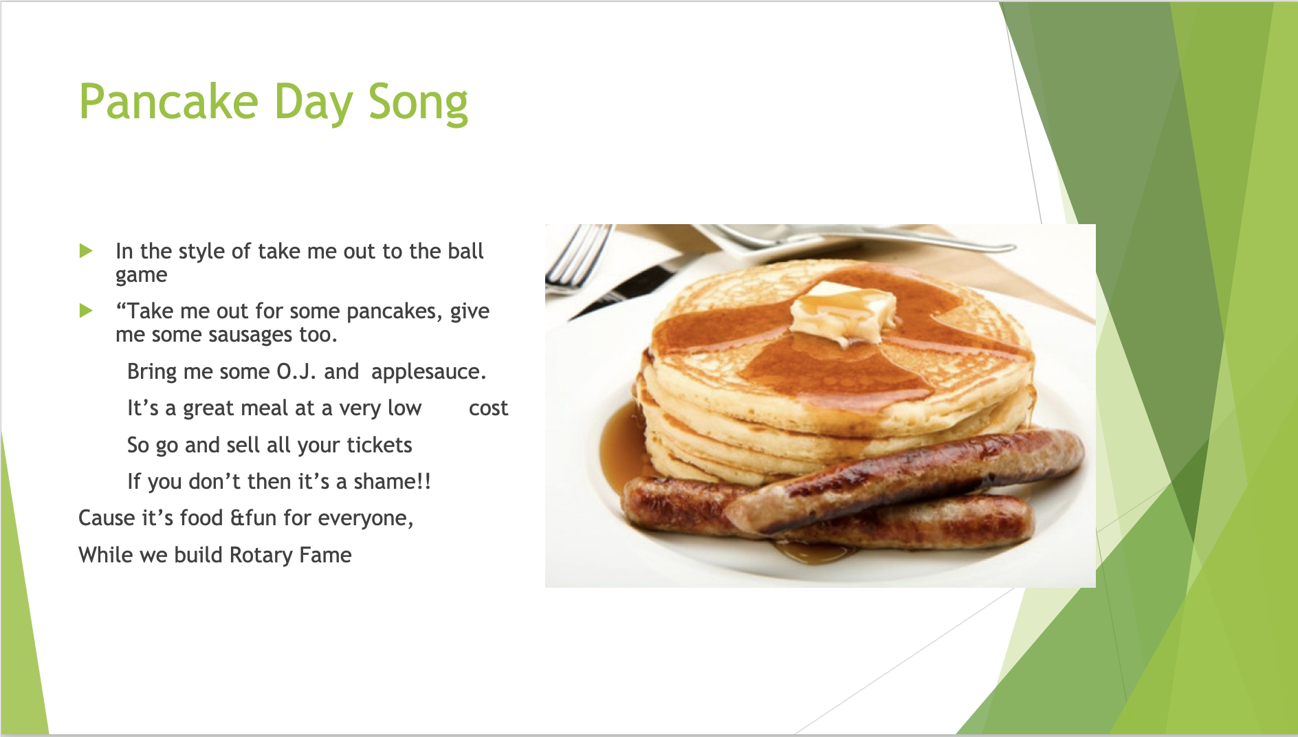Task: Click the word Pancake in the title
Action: (x=169, y=102)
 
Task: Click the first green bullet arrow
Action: (x=86, y=250)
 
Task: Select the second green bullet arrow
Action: (x=86, y=311)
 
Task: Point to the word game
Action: (x=142, y=276)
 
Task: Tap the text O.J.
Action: (x=296, y=371)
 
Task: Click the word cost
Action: (x=488, y=408)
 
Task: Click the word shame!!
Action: (x=392, y=481)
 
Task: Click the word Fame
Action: (x=325, y=555)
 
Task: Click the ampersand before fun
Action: (x=236, y=518)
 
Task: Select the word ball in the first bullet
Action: (x=465, y=251)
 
